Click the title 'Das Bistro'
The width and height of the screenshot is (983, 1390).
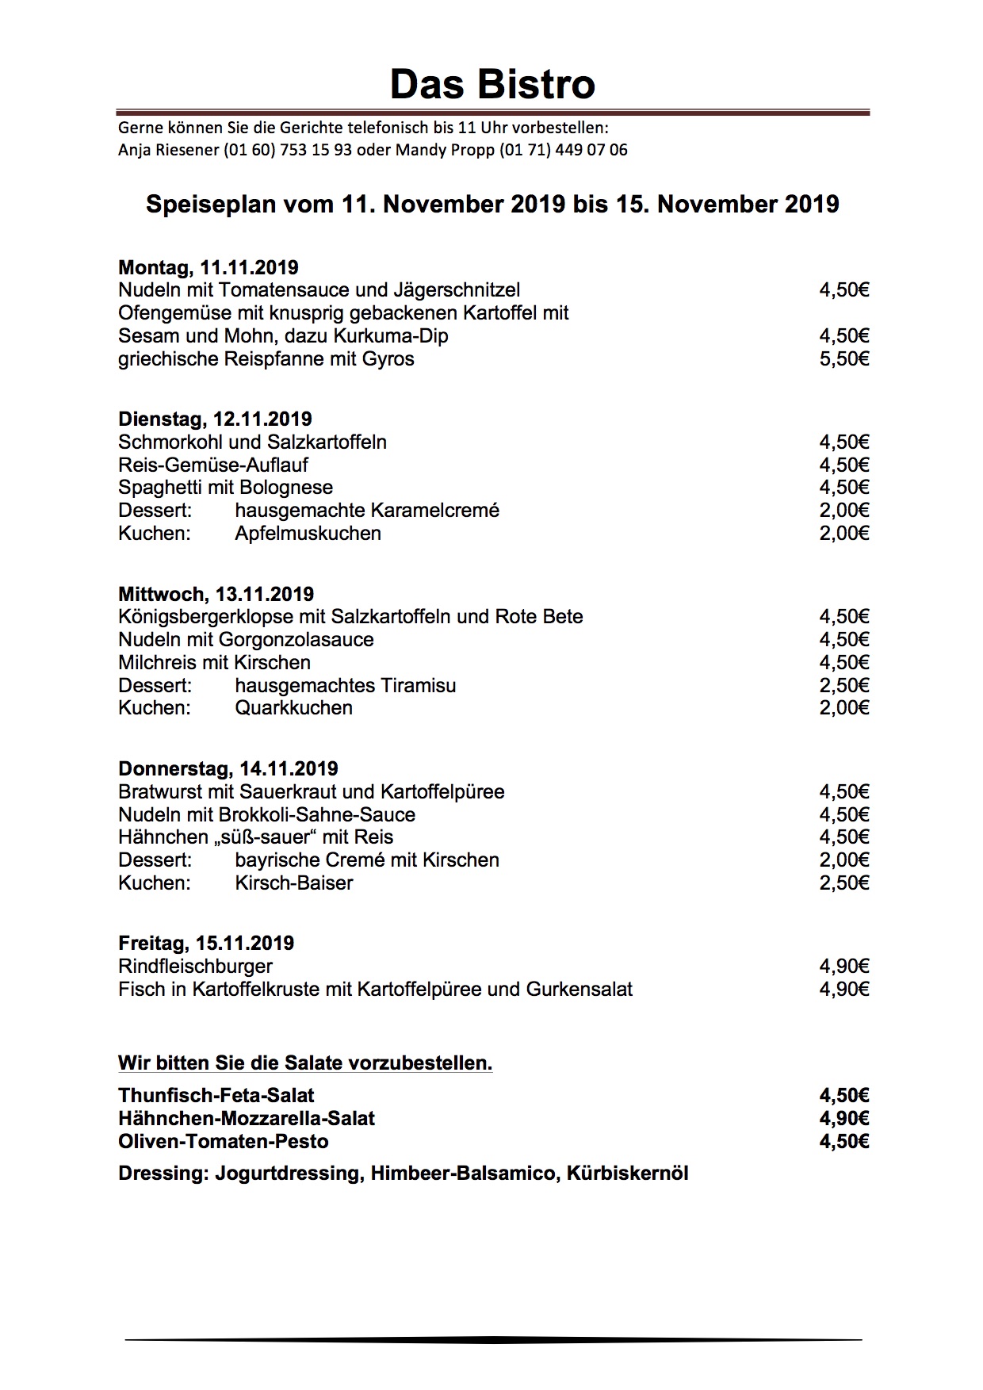click(x=491, y=84)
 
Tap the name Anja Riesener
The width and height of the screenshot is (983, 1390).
click(x=168, y=150)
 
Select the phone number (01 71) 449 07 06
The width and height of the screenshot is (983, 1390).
click(x=563, y=150)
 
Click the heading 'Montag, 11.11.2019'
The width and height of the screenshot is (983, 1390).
click(x=208, y=267)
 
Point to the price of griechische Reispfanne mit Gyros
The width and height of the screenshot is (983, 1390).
click(x=844, y=359)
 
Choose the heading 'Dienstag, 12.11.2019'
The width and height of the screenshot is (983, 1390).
click(x=215, y=419)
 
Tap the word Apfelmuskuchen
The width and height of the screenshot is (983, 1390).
click(x=308, y=534)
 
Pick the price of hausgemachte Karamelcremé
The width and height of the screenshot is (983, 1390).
click(x=844, y=511)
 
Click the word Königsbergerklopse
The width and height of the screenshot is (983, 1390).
click(x=206, y=617)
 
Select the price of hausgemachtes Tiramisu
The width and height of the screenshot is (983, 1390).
click(x=844, y=686)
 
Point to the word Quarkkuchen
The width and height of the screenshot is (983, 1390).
click(x=293, y=708)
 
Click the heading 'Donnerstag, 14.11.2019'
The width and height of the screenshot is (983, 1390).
click(x=228, y=768)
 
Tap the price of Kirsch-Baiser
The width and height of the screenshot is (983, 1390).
click(x=844, y=883)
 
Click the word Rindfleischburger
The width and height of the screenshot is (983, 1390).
click(x=195, y=967)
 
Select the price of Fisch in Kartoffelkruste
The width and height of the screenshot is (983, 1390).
click(x=844, y=990)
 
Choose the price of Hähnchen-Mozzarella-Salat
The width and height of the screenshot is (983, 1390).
click(x=844, y=1119)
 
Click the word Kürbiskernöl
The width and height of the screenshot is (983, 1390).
click(x=627, y=1174)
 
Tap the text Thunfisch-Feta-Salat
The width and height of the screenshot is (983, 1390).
click(x=216, y=1096)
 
